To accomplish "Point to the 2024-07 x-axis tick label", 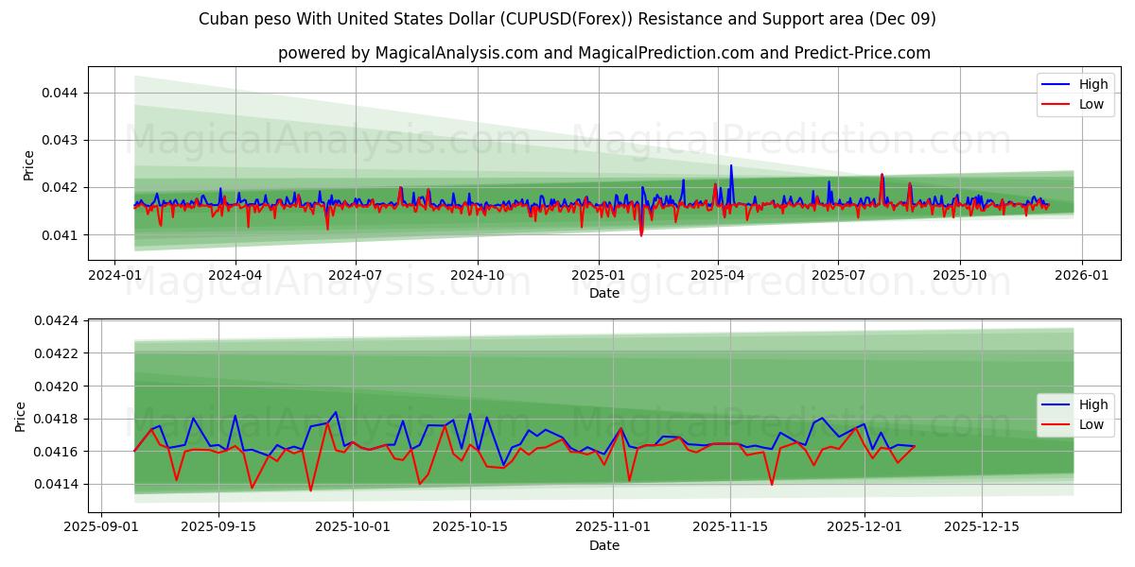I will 356,274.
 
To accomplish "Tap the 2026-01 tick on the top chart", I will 1081,274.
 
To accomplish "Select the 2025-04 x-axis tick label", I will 717,274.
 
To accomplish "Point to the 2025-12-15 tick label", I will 982,526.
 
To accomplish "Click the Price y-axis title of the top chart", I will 29,165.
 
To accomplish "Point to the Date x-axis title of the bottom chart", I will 604,545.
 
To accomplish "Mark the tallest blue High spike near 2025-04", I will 730,166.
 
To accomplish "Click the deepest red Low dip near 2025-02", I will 641,234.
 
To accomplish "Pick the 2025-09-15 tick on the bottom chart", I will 218,526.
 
